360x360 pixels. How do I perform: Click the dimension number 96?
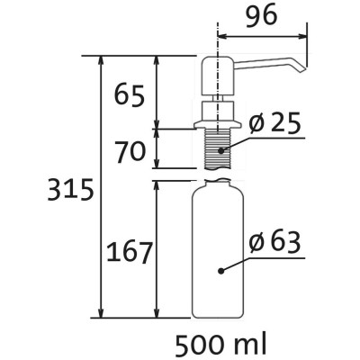pos(262,15)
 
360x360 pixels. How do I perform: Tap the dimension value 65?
pos(130,95)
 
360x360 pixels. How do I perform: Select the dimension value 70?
pos(130,152)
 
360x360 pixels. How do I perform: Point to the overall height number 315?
pos(70,190)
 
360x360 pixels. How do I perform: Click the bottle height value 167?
pos(130,252)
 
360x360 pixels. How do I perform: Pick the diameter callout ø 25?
pos(274,123)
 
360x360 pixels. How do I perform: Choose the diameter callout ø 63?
pos(274,242)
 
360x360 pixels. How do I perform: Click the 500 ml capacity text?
pos(220,345)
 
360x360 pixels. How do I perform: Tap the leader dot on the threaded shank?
pos(221,150)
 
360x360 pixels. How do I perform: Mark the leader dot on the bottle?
pos(221,271)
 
